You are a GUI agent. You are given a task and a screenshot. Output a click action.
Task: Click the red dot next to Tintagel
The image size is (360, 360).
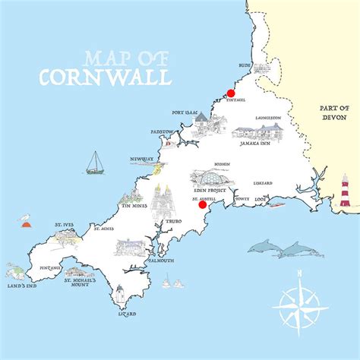pos(231,93)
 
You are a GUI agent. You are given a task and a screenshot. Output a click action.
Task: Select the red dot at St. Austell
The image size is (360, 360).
pos(202,204)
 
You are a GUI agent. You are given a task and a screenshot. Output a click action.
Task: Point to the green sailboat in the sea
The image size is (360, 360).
pos(95,163)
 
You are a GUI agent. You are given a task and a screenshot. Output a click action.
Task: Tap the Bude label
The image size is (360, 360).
pos(245,66)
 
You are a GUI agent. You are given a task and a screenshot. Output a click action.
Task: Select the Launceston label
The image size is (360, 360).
pos(268,118)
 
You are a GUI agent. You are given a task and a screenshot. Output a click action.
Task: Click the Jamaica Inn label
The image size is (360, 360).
pos(258,142)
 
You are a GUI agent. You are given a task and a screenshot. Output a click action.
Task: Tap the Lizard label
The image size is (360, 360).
pos(127,313)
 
